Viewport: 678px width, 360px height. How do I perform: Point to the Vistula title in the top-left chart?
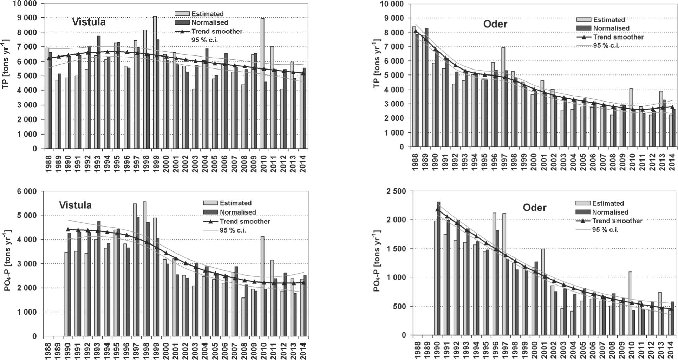[x=89, y=22]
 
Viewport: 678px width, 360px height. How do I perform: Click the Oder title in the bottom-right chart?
[x=534, y=208]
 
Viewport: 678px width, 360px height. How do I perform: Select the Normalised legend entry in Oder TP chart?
[x=611, y=28]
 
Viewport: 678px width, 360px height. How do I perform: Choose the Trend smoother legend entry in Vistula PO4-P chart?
[x=245, y=221]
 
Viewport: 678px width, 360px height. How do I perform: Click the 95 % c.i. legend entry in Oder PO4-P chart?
[x=605, y=230]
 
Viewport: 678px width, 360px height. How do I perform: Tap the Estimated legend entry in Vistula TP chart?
[x=207, y=14]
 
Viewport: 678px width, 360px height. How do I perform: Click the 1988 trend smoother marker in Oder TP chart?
[x=416, y=31]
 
